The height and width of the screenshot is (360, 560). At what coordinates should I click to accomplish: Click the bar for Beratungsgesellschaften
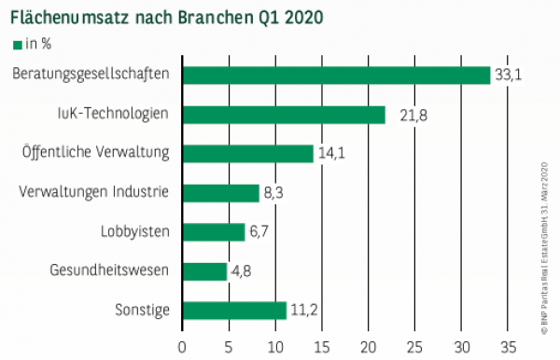coord(336,76)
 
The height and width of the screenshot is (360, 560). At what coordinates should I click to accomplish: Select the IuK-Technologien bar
coord(284,115)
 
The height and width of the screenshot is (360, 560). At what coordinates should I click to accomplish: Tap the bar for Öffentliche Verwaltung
coord(248,154)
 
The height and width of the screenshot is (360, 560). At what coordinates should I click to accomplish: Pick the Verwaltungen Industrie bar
coord(221,193)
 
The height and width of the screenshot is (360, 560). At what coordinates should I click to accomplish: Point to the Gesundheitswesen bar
coord(204,271)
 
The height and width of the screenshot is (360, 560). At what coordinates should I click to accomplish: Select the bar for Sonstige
coord(234,311)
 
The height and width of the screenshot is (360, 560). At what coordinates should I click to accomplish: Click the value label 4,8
coord(241,271)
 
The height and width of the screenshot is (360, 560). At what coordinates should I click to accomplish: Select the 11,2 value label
coord(303,311)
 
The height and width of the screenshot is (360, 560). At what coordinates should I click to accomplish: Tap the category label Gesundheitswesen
coord(111,271)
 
